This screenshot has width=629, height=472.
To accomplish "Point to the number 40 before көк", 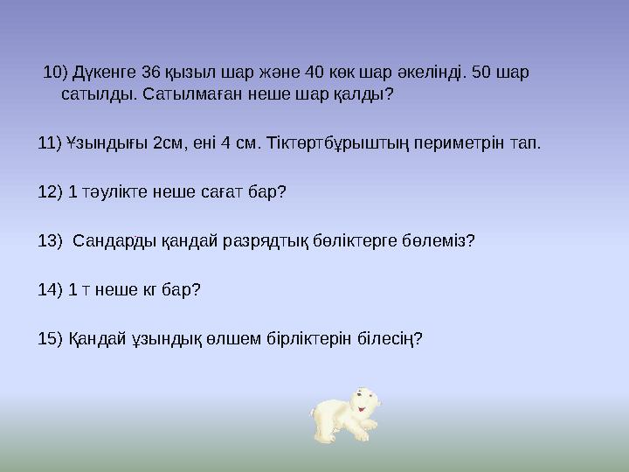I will click(x=302, y=71).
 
